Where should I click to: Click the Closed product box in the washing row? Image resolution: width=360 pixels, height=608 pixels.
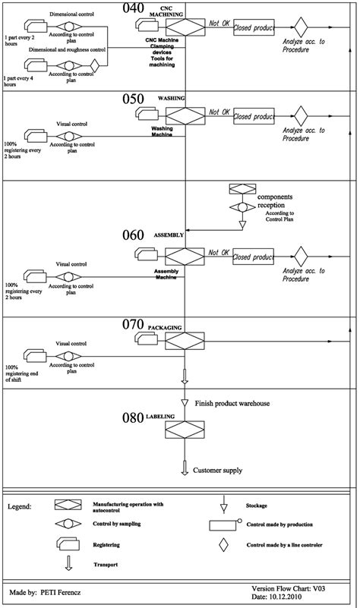click(253, 117)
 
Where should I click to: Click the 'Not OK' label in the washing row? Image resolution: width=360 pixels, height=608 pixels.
click(219, 112)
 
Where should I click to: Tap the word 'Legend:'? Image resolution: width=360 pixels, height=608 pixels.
click(21, 506)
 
